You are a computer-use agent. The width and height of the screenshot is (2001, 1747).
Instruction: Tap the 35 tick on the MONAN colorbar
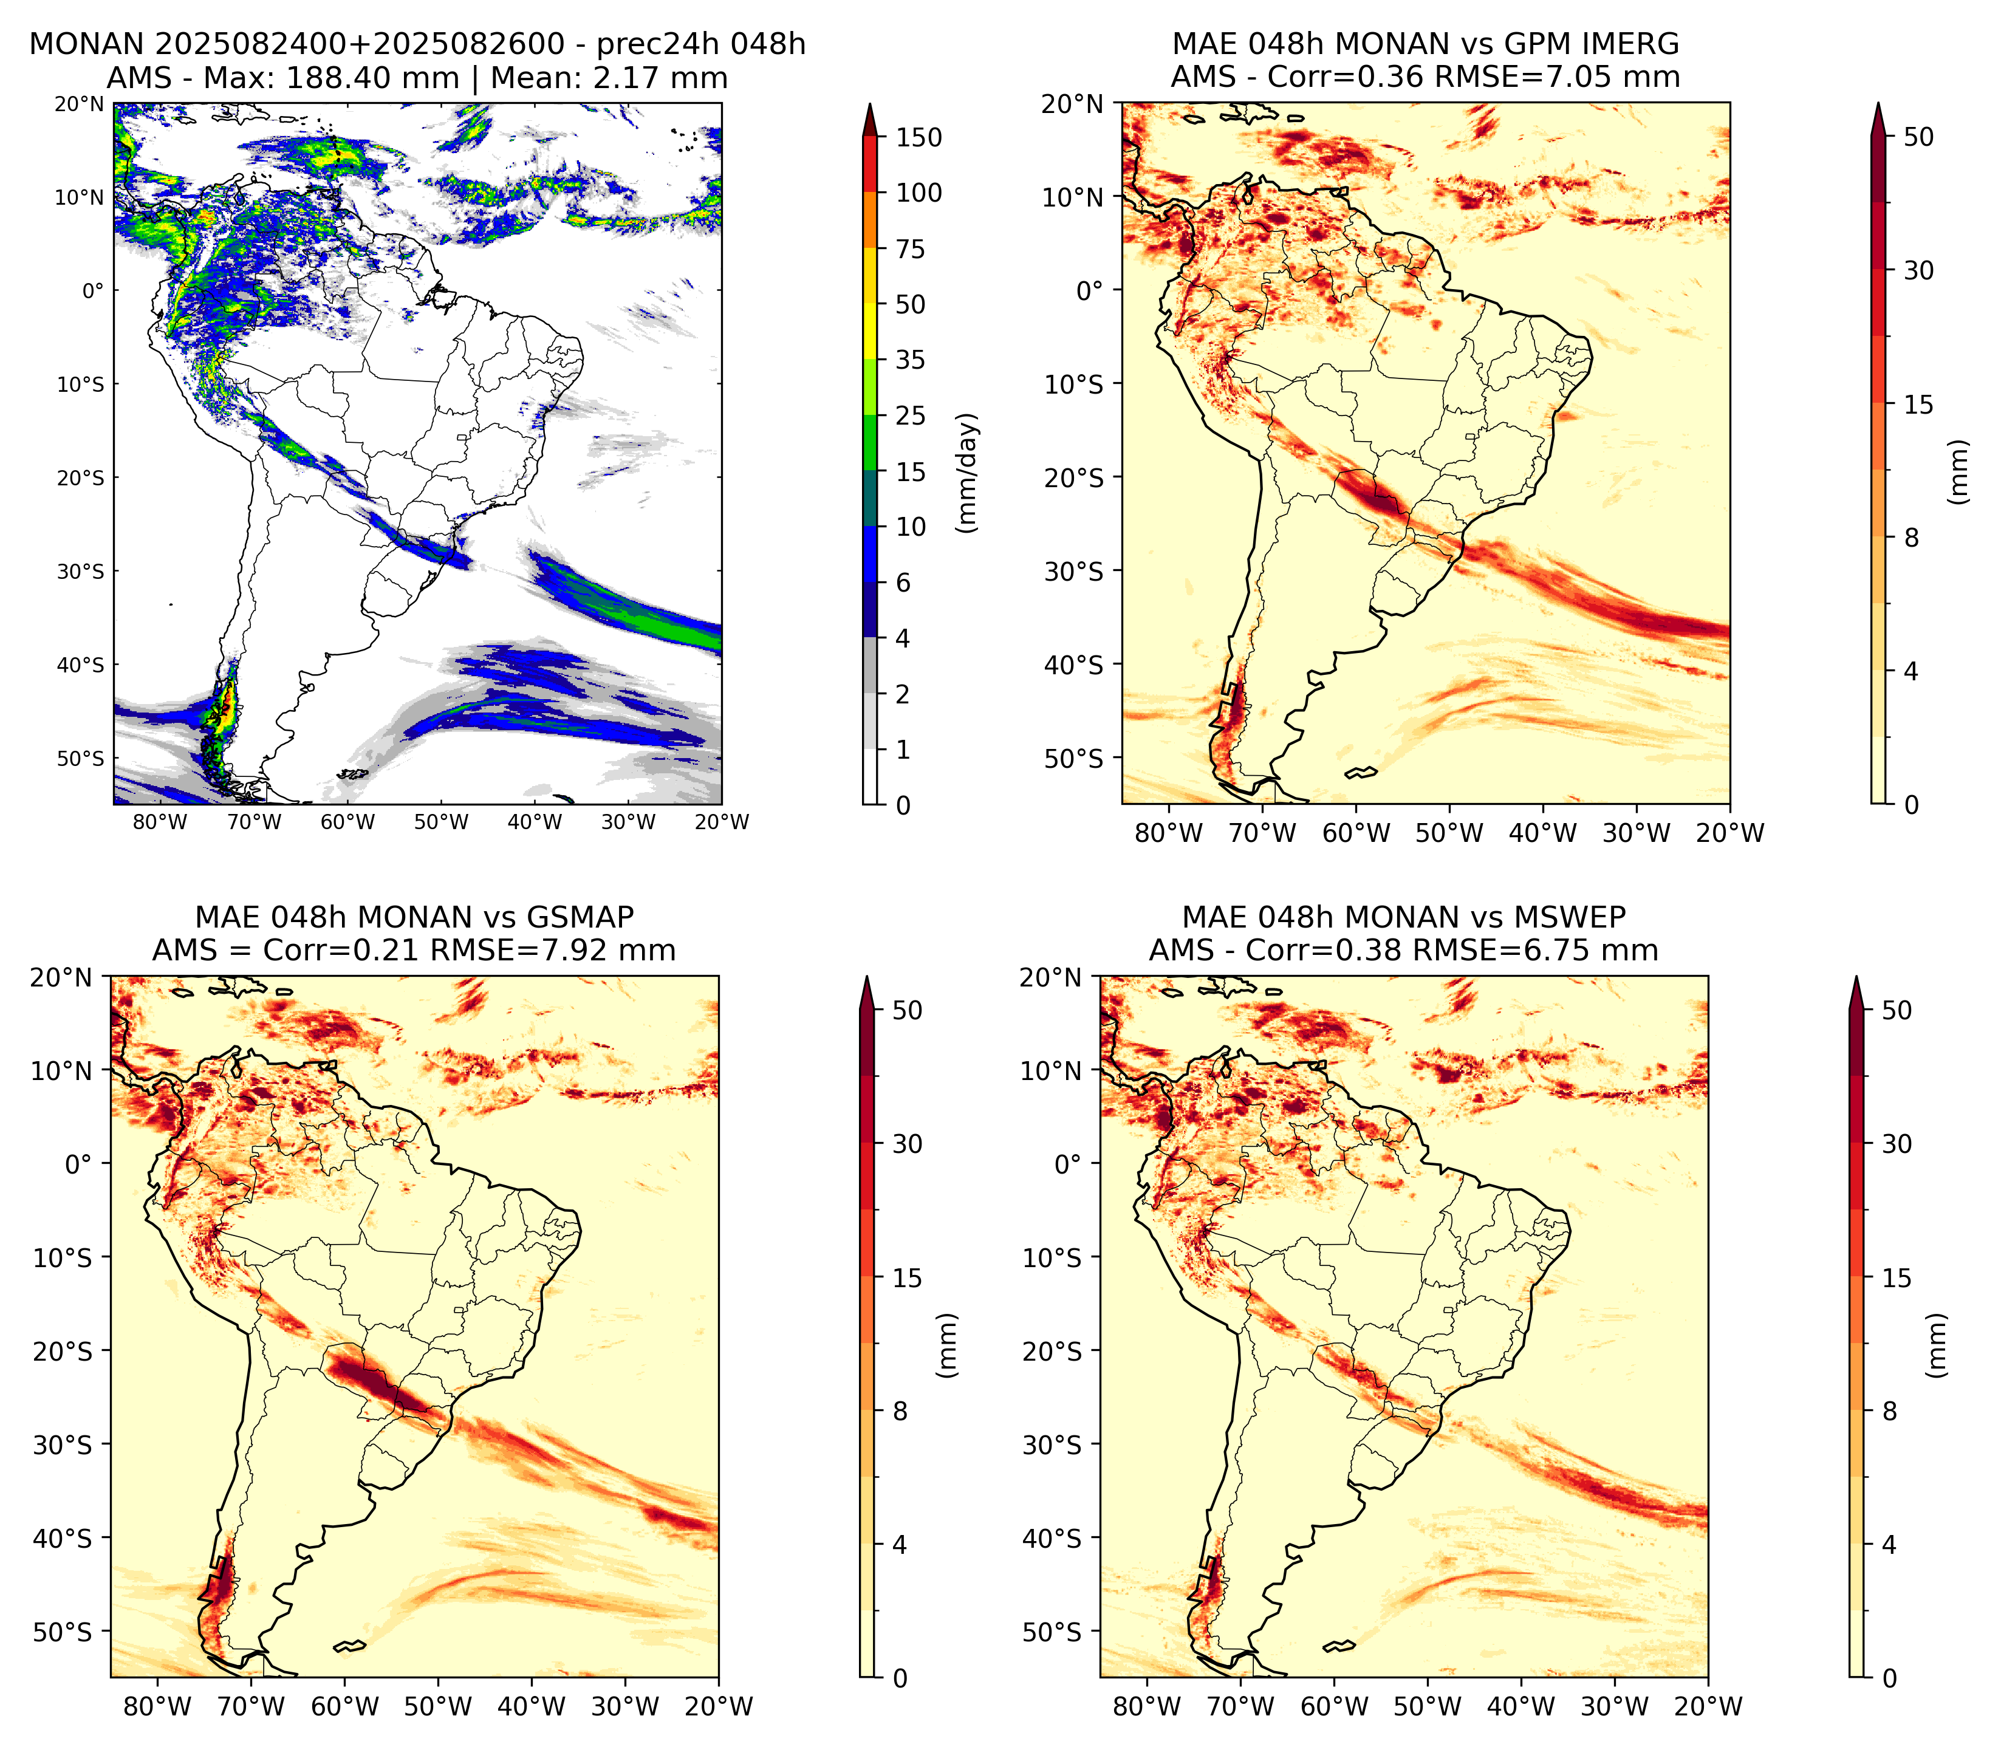911,360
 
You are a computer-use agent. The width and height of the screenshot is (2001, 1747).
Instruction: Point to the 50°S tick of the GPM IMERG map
1074,759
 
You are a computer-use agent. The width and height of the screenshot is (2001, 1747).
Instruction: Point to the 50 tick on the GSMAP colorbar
908,1010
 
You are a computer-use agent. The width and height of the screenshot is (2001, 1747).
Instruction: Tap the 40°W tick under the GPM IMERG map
1542,833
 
